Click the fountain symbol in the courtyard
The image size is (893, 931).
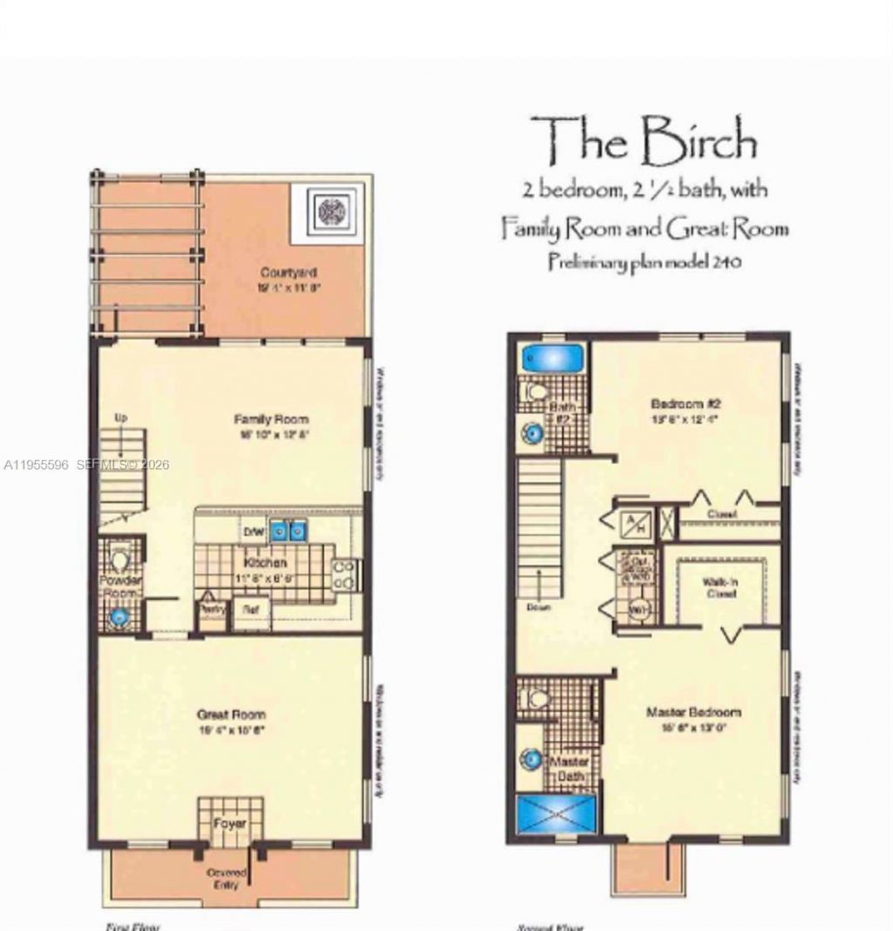[332, 212]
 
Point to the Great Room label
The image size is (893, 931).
[231, 714]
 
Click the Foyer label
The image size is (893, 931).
[230, 823]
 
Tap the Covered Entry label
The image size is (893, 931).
[227, 878]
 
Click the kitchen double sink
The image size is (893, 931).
[288, 529]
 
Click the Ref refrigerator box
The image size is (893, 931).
[251, 610]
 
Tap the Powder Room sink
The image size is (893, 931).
[119, 616]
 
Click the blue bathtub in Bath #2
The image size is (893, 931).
[551, 358]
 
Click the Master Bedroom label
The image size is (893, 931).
[693, 712]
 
